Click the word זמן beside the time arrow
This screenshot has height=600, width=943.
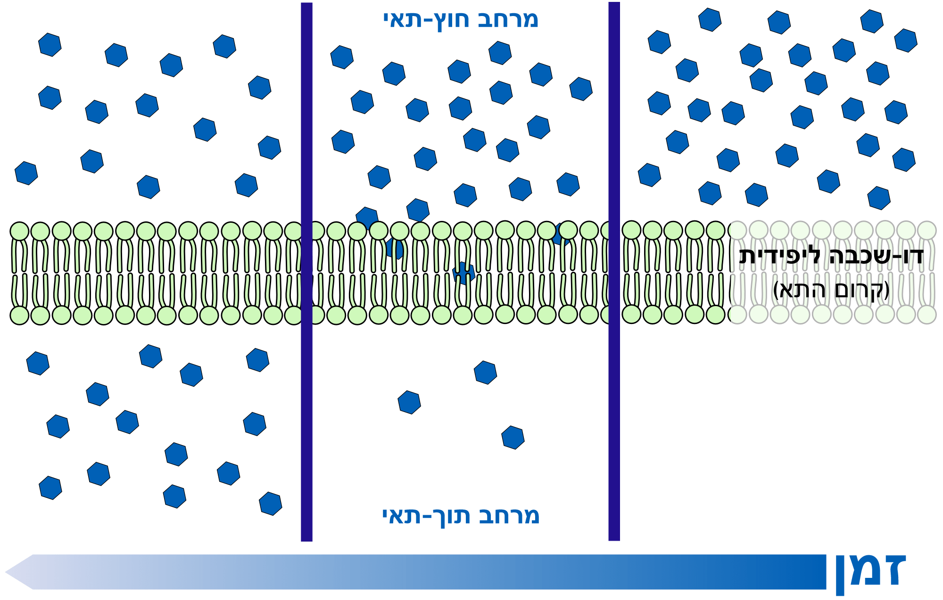(x=870, y=571)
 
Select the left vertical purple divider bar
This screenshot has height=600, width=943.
(x=306, y=272)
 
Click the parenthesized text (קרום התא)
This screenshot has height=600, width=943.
(x=831, y=290)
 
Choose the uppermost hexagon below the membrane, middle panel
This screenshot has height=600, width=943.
(x=485, y=373)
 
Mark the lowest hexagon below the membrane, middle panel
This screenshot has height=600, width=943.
(x=513, y=438)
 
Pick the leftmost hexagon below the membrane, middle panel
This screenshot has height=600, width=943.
(x=409, y=402)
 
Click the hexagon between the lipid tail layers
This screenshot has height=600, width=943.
(x=463, y=273)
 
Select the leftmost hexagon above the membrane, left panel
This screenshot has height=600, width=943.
(x=26, y=173)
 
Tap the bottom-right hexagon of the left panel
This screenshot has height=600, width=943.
(x=271, y=503)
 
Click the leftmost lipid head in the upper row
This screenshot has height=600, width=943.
(x=19, y=231)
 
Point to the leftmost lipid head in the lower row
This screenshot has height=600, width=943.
(x=19, y=315)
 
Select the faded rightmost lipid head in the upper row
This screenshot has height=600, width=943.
(x=926, y=230)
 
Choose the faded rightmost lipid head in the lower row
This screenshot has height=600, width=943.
(x=926, y=314)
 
